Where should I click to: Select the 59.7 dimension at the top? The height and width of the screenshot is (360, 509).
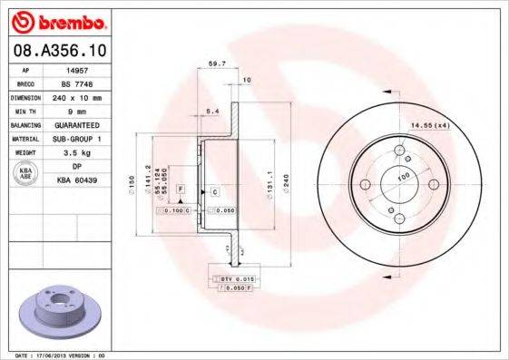[x=218, y=64]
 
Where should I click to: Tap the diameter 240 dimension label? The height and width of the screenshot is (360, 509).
[x=287, y=182]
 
